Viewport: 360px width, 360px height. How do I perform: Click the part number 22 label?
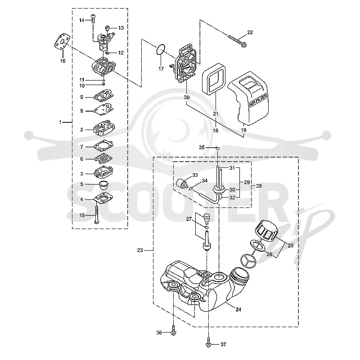250,32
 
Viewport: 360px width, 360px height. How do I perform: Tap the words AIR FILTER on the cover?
258,100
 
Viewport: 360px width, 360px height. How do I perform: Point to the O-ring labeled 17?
161,50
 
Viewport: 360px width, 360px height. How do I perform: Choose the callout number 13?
121,28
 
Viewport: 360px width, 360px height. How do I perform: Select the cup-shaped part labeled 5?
103,185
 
